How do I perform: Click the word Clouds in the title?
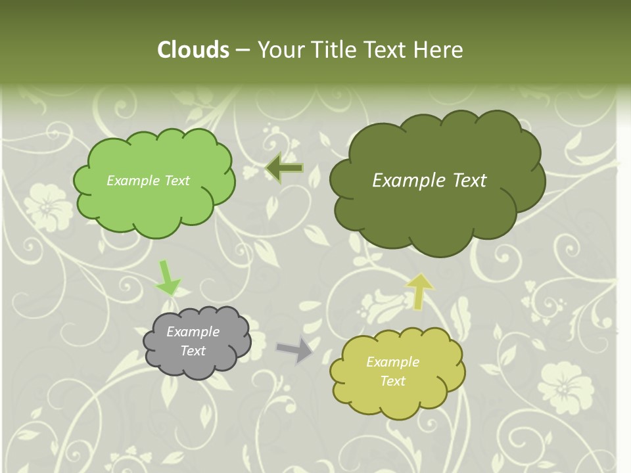coord(193,50)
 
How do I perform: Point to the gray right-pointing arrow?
coord(295,349)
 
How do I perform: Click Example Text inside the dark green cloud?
coord(429,181)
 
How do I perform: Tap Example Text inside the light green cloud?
coord(148,181)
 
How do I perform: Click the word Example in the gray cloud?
coord(193,332)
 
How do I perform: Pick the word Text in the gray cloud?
coord(193,351)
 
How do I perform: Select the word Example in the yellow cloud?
coord(392,362)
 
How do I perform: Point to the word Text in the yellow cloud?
coord(392,381)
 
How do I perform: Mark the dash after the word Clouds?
coord(242,50)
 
